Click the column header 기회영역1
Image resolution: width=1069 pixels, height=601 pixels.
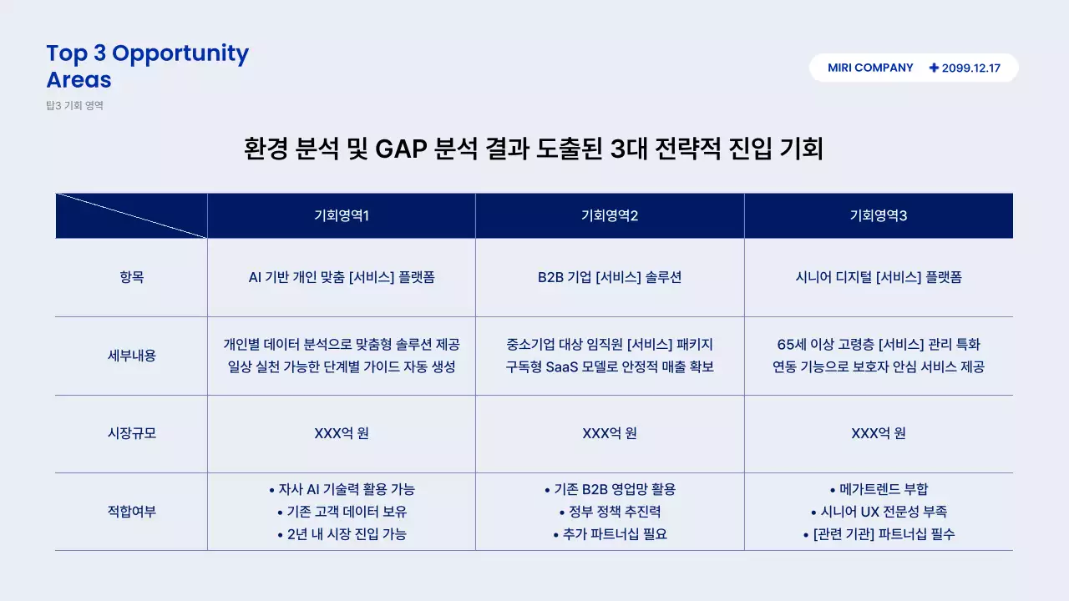[x=341, y=216]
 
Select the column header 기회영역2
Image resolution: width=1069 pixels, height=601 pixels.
[x=610, y=216]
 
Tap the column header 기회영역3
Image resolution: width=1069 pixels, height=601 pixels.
[x=878, y=216]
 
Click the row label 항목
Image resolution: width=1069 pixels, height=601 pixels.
[x=131, y=278]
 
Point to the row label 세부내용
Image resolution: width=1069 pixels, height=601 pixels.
[x=131, y=356]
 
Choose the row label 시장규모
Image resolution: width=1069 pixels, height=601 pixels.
[x=131, y=434]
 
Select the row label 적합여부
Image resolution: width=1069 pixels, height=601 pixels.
[x=131, y=512]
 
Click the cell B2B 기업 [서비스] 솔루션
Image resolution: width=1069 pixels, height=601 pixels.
[x=610, y=278]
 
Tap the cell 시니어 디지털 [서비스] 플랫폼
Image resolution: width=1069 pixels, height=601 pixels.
[x=878, y=278]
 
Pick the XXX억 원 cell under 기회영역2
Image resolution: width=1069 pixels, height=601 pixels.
[x=610, y=434]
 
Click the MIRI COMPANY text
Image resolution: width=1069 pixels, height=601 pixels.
[x=870, y=68]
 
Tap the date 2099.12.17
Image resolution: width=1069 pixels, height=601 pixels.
[x=970, y=68]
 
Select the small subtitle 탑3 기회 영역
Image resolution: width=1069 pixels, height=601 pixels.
[x=75, y=106]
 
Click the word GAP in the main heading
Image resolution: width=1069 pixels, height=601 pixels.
[x=401, y=150]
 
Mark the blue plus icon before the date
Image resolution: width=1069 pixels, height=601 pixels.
[x=934, y=68]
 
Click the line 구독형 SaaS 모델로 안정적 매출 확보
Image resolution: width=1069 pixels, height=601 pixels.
[x=610, y=367]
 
